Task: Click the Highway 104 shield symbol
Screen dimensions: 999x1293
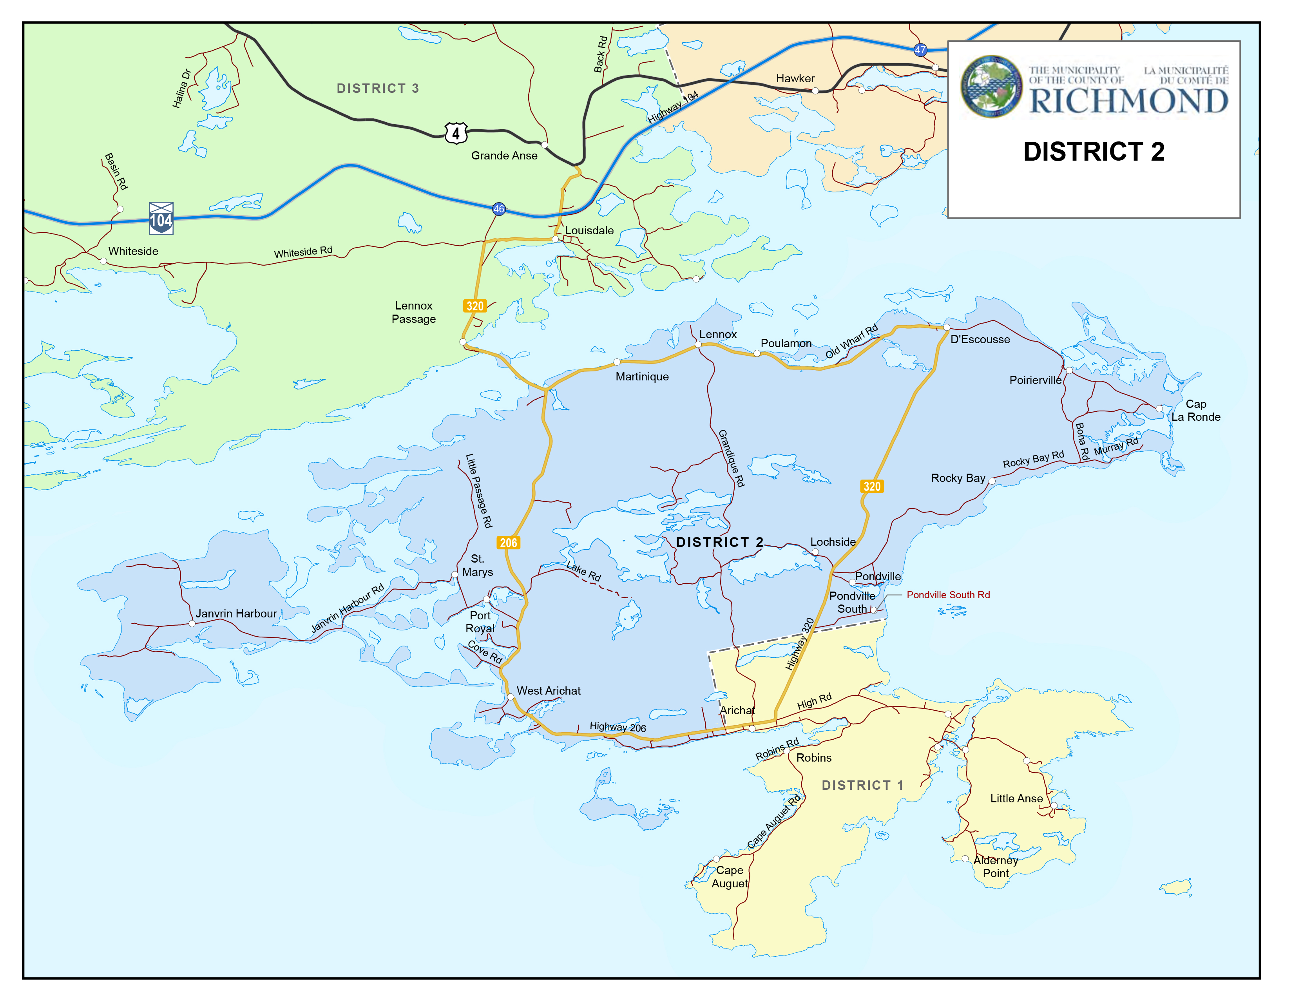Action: pos(161,218)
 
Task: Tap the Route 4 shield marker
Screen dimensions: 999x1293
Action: pos(456,133)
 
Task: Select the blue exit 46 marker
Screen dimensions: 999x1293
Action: pos(499,209)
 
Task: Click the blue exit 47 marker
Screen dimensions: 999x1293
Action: pos(920,50)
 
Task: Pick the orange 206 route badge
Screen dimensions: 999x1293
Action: pos(508,543)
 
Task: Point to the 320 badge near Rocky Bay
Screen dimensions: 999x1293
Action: pos(871,487)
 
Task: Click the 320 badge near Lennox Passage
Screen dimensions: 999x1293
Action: pos(475,306)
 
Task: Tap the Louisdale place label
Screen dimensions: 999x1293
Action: pos(589,230)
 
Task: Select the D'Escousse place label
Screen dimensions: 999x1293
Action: pos(980,339)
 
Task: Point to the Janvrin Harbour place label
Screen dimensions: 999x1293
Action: pos(236,614)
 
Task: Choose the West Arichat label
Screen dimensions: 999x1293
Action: pos(548,691)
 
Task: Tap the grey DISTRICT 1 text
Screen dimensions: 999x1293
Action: pos(862,785)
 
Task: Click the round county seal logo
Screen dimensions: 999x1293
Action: pos(991,87)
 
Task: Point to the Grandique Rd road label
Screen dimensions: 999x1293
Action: pos(731,459)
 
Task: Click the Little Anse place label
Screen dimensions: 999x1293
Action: pos(1016,798)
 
